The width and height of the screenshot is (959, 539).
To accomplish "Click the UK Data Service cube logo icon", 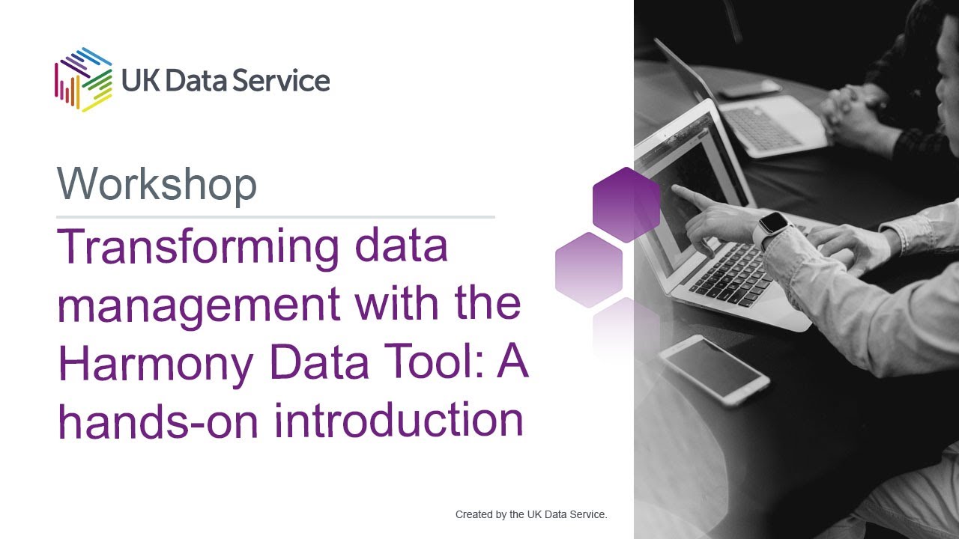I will [82, 79].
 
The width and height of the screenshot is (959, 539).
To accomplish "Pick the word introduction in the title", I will [399, 420].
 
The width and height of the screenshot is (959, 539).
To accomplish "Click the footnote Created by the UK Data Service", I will [530, 514].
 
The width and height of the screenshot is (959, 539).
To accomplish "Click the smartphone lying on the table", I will [713, 368].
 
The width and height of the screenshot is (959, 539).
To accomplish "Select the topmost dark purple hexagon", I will [626, 204].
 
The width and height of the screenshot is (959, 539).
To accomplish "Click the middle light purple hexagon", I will [589, 269].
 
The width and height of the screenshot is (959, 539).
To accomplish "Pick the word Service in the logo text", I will [279, 80].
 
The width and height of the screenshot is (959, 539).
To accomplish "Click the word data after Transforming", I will [401, 248].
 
